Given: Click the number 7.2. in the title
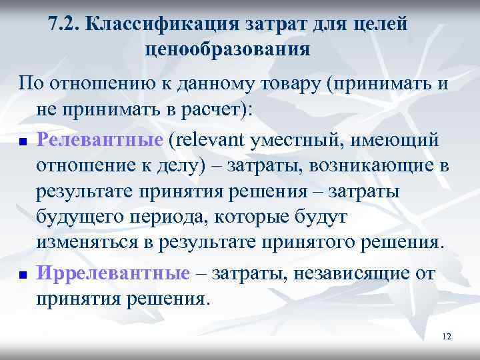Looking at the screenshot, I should point(65,25).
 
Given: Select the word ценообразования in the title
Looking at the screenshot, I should point(227,49).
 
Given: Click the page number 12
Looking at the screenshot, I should point(446,337).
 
